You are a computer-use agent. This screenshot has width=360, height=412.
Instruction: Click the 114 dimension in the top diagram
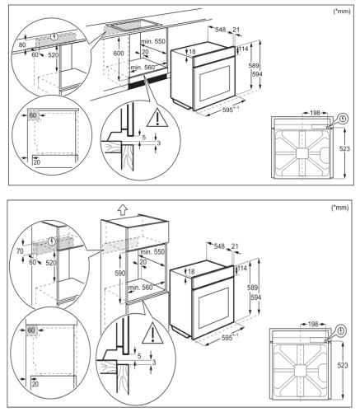click(245, 49)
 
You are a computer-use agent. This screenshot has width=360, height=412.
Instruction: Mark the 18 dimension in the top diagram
click(192, 52)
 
